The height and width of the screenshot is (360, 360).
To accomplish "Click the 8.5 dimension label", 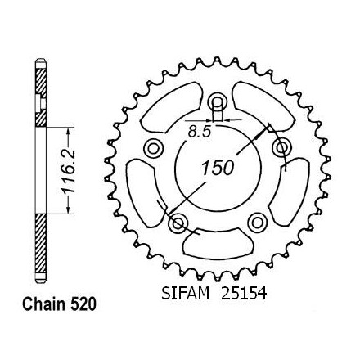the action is point(200,133).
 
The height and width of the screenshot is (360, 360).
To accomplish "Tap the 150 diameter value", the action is point(218,168).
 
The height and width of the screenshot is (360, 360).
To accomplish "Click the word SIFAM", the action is point(186,294).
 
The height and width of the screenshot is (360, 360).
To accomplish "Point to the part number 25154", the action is point(244,294).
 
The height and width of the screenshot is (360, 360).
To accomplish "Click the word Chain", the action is point(44,304).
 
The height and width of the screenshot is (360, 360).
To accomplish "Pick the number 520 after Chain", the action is point(83,304).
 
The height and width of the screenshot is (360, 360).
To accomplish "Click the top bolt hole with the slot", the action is point(218,102).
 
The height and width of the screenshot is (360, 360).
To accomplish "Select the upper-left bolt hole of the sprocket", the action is point(153,149).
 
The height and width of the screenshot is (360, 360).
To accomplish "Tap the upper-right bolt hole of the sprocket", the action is point(282,148).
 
